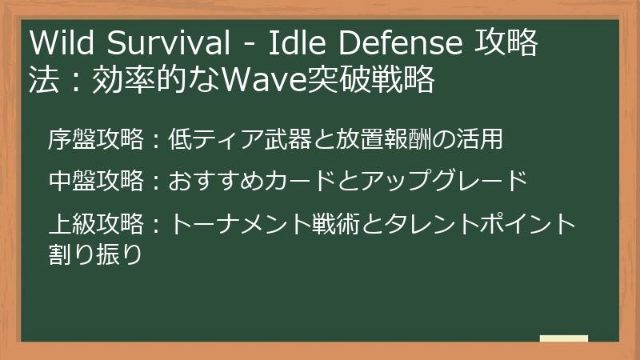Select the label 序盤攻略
(x=95, y=139)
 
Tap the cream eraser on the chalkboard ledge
(x=563, y=338)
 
